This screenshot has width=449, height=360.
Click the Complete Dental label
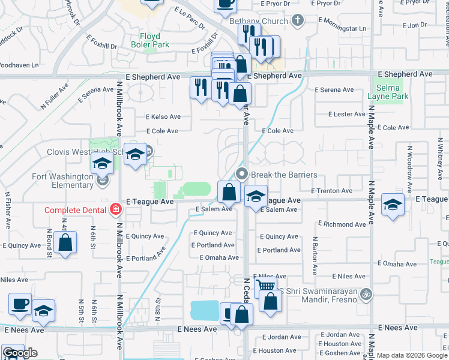click(74, 209)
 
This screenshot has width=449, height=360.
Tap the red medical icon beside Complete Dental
click(115, 209)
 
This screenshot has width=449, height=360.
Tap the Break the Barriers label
click(283, 175)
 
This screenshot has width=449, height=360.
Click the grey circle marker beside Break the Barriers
click(243, 175)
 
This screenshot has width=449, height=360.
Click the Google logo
click(20, 353)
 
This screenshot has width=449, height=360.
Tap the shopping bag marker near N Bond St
click(65, 242)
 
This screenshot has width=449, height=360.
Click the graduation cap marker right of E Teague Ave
click(393, 204)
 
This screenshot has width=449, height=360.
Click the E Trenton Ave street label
click(334, 191)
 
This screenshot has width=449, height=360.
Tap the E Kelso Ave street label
click(163, 117)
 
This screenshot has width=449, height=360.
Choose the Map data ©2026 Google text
click(411, 355)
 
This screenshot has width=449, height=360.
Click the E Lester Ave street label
click(347, 114)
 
